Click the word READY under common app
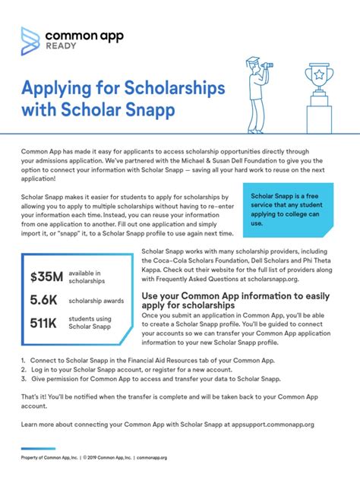(62, 46)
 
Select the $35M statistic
(46, 277)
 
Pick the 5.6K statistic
(44, 301)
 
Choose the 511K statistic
(45, 324)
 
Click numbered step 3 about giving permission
(152, 377)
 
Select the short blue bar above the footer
(38, 448)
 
